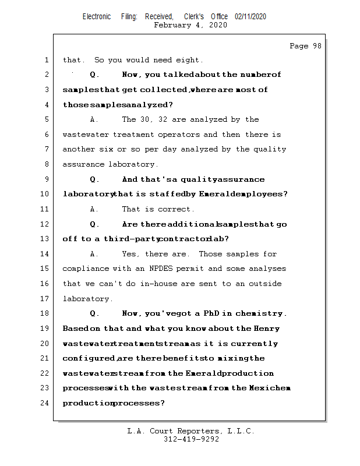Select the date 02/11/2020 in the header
pos(250,17)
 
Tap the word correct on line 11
pos(174,209)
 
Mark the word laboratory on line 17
pos(86,299)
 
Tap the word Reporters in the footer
pos(199,431)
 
